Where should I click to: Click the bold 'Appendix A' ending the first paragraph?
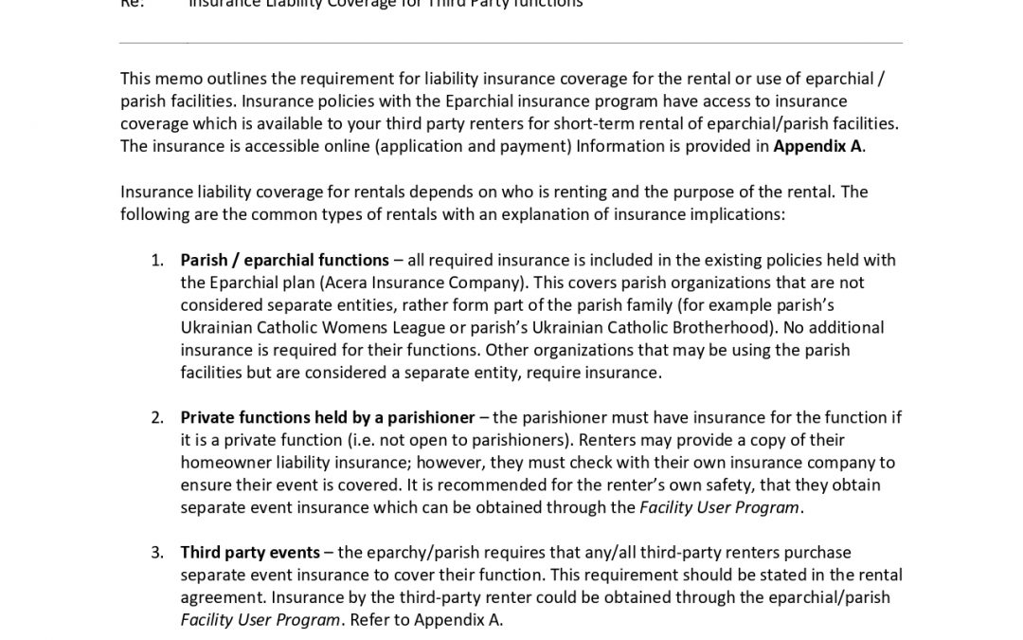click(x=817, y=146)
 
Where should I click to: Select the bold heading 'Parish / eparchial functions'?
click(x=284, y=260)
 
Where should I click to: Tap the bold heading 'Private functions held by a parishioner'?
click(x=327, y=417)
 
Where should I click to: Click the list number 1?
click(x=157, y=260)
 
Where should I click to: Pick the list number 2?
click(x=157, y=417)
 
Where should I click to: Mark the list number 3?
click(x=157, y=552)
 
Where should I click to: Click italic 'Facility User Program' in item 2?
click(x=719, y=507)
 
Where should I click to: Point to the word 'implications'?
click(x=734, y=214)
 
